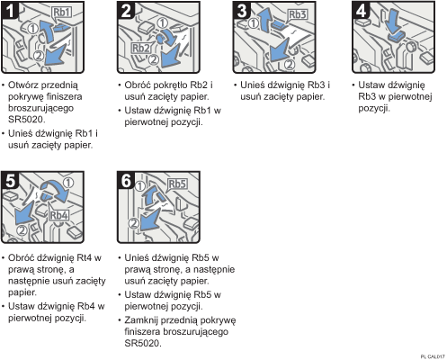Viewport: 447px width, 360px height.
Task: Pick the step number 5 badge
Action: (x=12, y=177)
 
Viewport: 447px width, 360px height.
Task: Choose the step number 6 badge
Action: (x=126, y=177)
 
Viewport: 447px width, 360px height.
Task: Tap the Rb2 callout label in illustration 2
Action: (x=142, y=48)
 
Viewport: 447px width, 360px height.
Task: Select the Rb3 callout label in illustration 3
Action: (x=298, y=15)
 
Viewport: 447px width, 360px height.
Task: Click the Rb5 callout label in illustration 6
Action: (x=178, y=185)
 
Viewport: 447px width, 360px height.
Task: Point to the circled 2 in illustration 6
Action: (x=131, y=221)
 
